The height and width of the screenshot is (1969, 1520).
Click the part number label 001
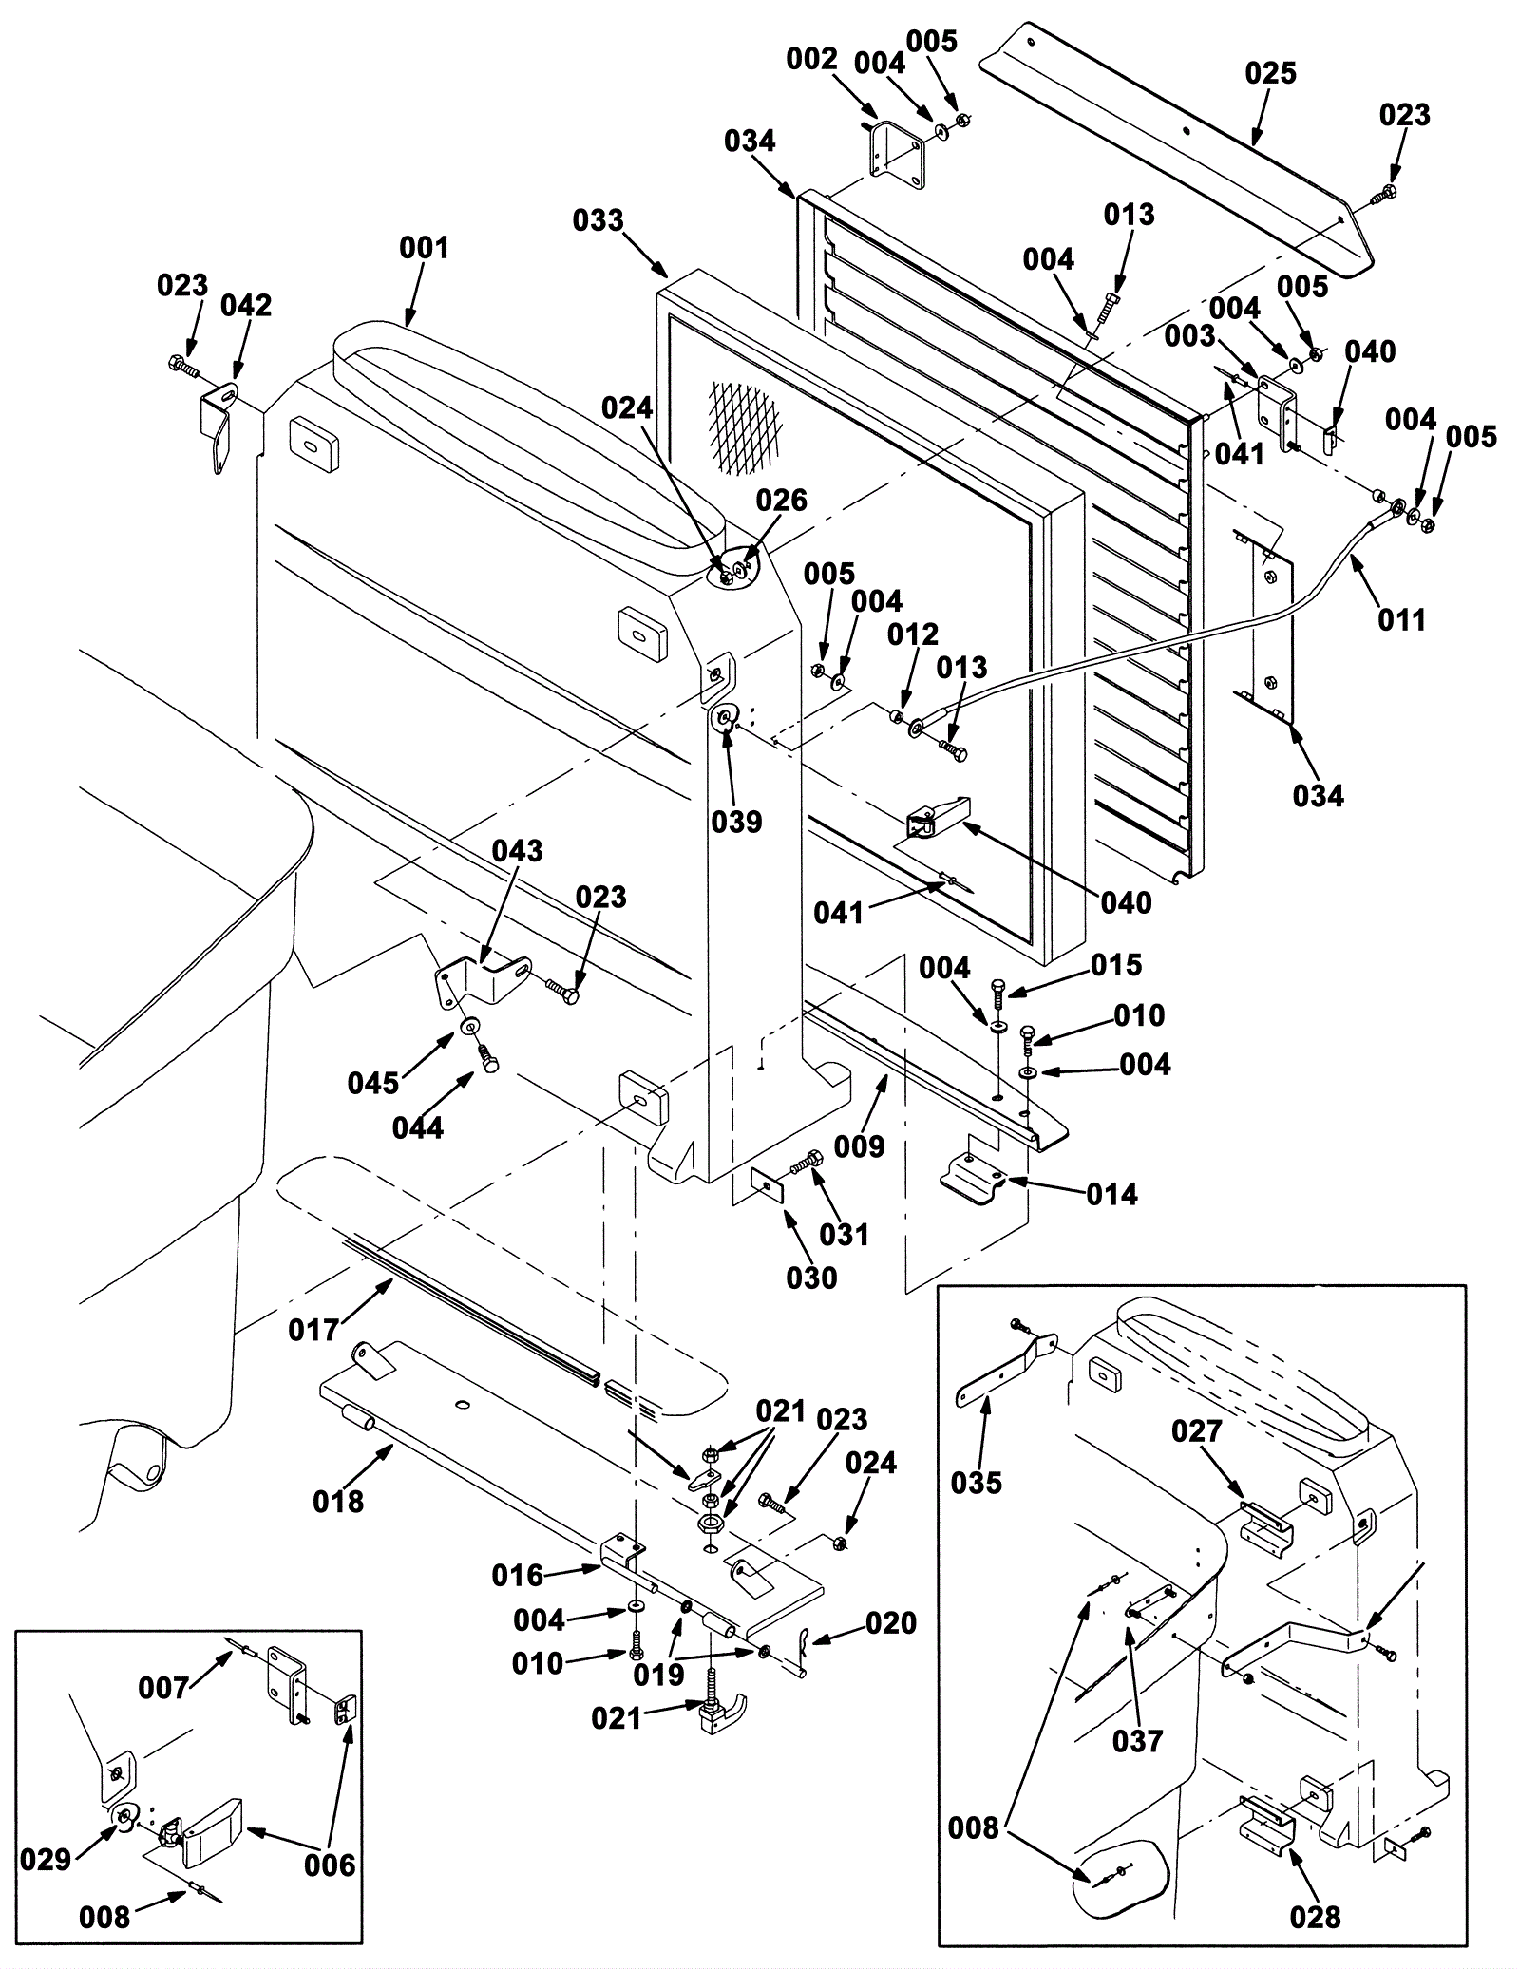(423, 248)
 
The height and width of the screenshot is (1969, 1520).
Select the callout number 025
(1270, 73)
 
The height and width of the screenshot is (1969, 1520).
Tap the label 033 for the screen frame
(598, 221)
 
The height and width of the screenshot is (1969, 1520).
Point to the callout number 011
(1401, 620)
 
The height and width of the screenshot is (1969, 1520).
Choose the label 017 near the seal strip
(313, 1330)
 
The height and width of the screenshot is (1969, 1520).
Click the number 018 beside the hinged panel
(338, 1502)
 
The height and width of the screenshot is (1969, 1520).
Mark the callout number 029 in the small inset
(46, 1860)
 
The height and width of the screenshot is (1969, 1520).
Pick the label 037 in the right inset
(1137, 1741)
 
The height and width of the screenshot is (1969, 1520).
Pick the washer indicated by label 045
(469, 1028)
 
